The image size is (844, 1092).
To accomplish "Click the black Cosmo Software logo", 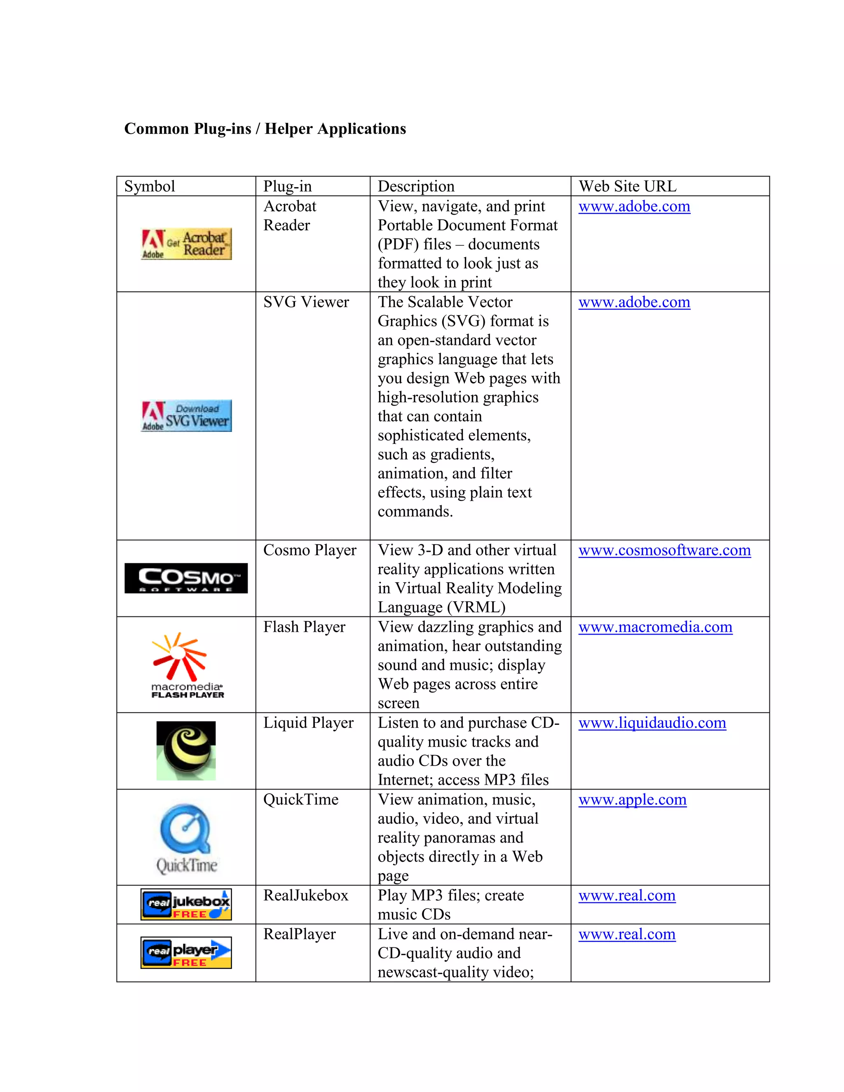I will pos(186,578).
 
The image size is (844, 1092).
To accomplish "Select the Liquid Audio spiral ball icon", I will pos(186,750).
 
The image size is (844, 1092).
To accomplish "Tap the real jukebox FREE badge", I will pos(186,905).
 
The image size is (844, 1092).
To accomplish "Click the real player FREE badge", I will pos(186,952).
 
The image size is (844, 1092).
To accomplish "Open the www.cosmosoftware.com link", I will pos(664,550).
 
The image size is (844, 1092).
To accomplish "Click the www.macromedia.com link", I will pos(655,627).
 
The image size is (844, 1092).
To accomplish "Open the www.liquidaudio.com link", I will pos(652,723).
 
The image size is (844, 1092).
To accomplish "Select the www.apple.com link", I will pos(632,799).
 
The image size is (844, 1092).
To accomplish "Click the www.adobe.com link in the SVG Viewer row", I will pos(634,302).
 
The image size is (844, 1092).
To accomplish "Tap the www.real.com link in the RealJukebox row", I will pos(626,895).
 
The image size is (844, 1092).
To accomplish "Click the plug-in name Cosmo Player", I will pos(309,550).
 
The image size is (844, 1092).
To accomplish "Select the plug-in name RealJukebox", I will pos(305,895).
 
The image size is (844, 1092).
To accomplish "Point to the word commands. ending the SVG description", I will pos(415,511).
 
